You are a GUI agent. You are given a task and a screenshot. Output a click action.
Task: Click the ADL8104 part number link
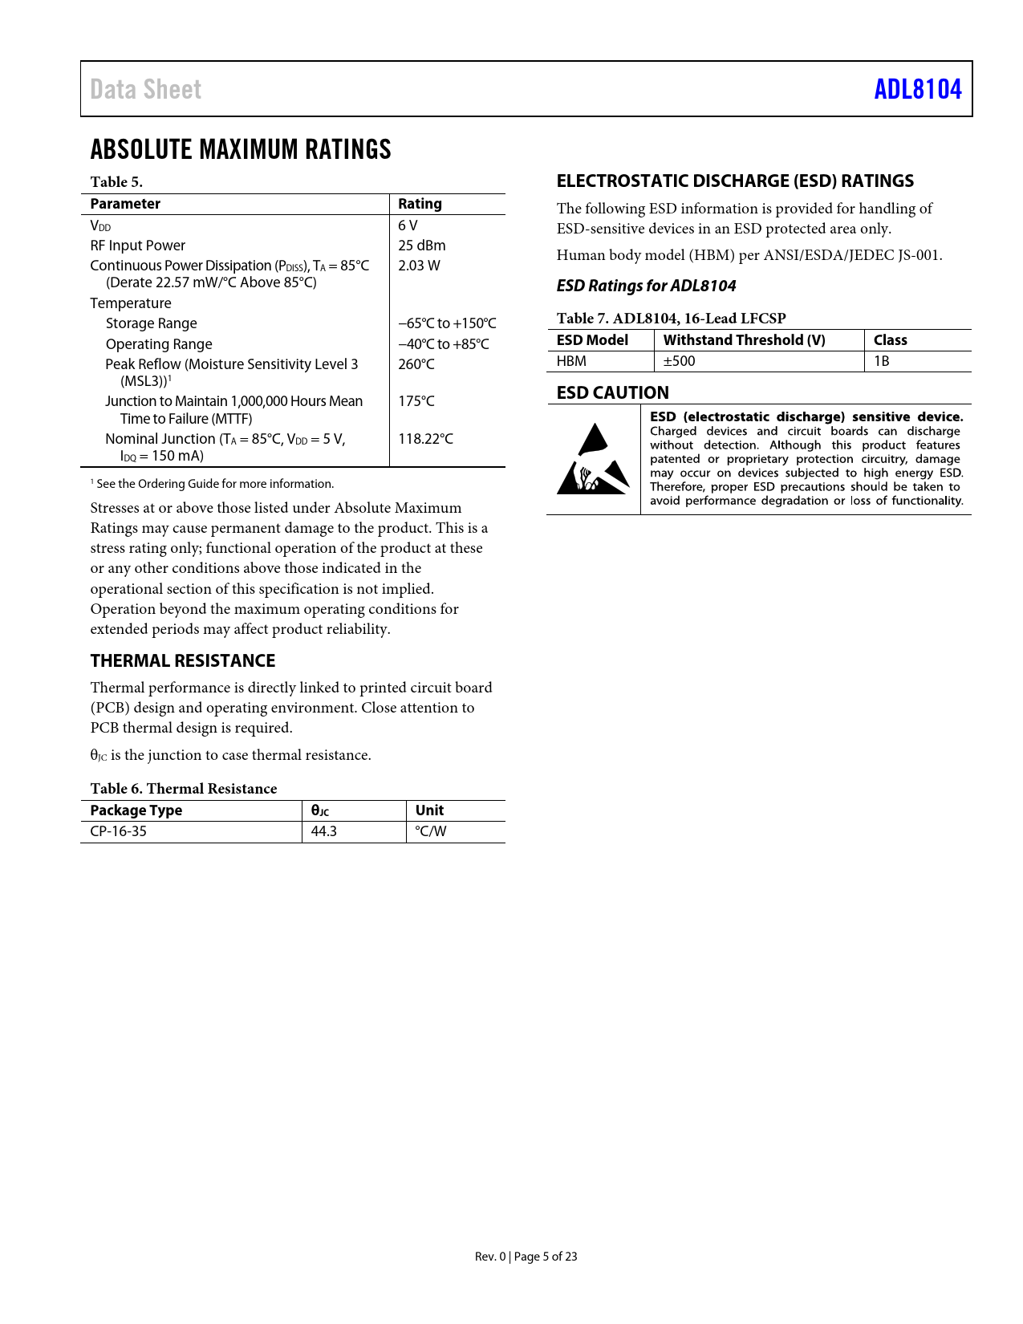[917, 89]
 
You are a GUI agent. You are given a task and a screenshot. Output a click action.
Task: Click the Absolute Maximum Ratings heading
[241, 149]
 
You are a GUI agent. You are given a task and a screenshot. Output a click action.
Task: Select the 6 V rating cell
[408, 225]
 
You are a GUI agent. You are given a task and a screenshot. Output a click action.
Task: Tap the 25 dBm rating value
[421, 246]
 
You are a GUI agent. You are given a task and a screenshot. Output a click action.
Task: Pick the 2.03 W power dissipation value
[419, 266]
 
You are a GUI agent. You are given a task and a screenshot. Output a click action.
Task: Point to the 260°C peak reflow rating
[416, 364]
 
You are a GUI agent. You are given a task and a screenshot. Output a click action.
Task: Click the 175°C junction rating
[416, 401]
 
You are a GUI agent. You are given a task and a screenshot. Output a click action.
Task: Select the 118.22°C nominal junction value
[425, 439]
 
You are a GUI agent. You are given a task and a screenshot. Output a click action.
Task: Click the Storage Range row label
[151, 323]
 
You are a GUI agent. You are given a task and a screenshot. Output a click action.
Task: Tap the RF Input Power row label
[137, 246]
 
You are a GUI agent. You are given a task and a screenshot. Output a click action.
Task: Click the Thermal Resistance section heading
[182, 660]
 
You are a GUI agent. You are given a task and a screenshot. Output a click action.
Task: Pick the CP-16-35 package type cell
[118, 831]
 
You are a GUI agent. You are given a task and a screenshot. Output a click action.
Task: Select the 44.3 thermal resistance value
[323, 831]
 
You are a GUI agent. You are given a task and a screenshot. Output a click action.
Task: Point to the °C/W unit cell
[430, 831]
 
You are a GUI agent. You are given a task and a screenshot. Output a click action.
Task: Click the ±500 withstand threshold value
[679, 361]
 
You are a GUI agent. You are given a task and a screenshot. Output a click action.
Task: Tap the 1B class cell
[881, 361]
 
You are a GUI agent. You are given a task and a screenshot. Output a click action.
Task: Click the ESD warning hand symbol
[593, 460]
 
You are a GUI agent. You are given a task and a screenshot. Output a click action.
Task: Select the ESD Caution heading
[612, 392]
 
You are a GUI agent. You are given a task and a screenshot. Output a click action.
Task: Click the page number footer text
[526, 1257]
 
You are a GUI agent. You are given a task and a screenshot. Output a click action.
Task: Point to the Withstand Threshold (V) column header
[744, 340]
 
